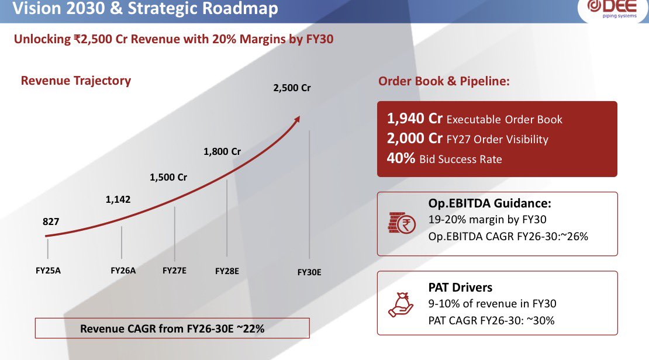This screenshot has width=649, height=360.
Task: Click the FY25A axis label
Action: point(48,271)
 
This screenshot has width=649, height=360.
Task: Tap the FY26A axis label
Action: point(123,271)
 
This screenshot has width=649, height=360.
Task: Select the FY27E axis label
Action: point(174,271)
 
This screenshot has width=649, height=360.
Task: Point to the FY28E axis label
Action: point(227,271)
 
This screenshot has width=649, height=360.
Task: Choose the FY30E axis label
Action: point(309,272)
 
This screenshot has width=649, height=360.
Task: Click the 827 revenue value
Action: point(51,222)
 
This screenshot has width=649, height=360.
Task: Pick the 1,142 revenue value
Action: point(118,199)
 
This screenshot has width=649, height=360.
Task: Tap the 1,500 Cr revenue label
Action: point(168,178)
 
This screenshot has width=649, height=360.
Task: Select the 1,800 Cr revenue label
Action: point(222,151)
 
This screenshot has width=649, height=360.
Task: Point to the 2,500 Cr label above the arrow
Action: point(292,88)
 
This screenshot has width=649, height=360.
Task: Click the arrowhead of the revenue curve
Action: point(297,119)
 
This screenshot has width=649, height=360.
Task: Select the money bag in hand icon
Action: point(401,304)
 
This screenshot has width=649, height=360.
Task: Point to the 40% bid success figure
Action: point(401,158)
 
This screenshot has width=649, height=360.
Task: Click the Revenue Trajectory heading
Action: point(76,80)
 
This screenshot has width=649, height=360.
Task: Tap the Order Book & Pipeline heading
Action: point(444,81)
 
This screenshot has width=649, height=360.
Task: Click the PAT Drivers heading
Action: point(460,287)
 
